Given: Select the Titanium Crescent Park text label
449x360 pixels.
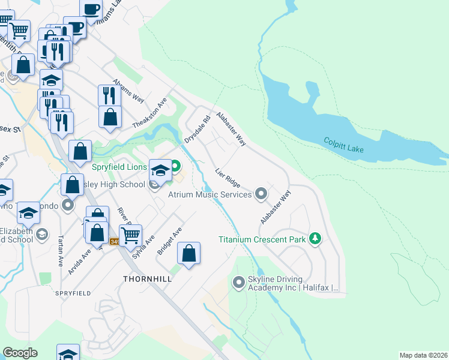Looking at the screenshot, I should pos(263,239).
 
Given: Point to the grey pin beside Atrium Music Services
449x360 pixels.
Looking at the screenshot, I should pos(261,194).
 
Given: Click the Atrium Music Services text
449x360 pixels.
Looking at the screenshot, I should pos(209,194).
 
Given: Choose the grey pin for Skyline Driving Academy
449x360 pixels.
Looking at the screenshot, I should pos(239,281).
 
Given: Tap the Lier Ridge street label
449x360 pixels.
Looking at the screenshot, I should pos(228,178).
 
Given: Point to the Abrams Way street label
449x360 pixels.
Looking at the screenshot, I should pos(129,91).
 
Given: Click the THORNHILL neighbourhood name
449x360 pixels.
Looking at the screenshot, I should pos(147,279).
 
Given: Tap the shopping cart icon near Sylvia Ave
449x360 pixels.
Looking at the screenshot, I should pos(130,234).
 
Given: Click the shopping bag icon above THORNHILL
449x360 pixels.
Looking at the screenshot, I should pos(189,253).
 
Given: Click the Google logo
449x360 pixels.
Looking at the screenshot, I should pos(20,352).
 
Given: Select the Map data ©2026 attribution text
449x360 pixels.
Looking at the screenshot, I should pos(423,355).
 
